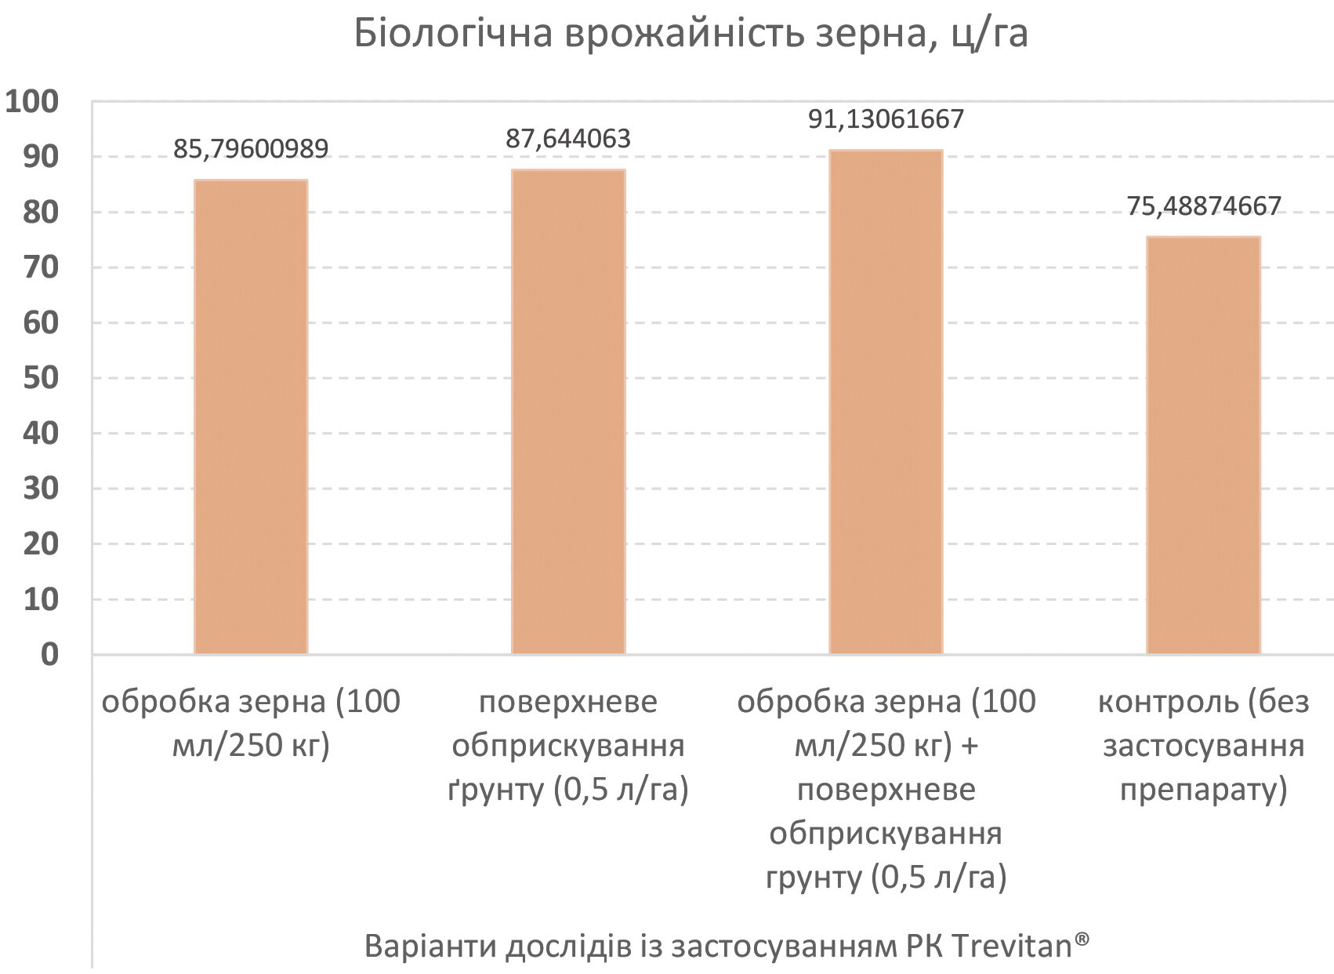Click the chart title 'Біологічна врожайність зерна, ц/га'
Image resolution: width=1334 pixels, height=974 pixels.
click(x=691, y=34)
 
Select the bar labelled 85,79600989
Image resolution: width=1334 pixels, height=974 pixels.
click(x=251, y=416)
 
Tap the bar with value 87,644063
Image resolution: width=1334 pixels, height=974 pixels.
click(x=568, y=412)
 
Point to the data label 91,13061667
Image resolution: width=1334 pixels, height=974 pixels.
click(x=886, y=119)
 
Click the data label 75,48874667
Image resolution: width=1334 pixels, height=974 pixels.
click(x=1203, y=206)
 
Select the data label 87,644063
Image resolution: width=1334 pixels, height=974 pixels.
click(x=568, y=139)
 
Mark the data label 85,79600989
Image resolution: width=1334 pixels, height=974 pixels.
click(x=251, y=149)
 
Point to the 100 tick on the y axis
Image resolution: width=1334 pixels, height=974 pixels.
click(x=33, y=102)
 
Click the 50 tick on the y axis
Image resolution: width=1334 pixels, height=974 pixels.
click(x=41, y=378)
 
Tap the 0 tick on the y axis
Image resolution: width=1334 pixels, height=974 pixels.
click(x=49, y=654)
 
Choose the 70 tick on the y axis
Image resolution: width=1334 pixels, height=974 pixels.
click(x=41, y=267)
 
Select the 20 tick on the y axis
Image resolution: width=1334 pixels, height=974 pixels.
click(x=41, y=543)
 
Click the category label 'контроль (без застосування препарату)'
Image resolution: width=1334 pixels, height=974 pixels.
click(x=1203, y=745)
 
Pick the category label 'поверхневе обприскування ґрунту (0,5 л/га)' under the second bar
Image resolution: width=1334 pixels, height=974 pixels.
click(x=568, y=745)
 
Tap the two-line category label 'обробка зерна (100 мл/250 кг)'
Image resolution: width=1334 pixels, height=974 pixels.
click(x=251, y=723)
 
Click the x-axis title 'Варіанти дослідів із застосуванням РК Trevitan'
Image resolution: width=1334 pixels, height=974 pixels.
click(x=727, y=946)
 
